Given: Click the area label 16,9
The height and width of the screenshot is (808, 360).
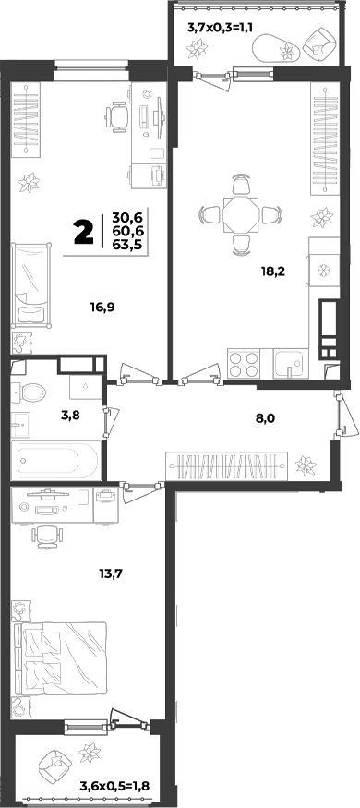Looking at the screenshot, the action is pos(102,308).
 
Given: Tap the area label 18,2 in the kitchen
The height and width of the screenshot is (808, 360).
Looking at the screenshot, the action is pos(273,271).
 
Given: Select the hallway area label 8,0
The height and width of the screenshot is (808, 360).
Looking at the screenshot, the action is pos(265,418).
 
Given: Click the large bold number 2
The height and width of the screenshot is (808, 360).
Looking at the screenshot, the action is pos(84,233).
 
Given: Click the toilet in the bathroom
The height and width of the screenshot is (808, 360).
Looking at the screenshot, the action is pos(29,392).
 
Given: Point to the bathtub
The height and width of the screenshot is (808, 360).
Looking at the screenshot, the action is pos(54,460).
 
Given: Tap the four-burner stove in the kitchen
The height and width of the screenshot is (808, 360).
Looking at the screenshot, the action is pos(244,364).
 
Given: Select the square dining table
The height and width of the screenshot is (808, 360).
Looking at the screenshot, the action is pos(240,213).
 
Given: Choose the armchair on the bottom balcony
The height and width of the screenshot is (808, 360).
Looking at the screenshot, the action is pos(54,766).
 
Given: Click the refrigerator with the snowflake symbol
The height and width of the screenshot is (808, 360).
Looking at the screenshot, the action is pos(323,269).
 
